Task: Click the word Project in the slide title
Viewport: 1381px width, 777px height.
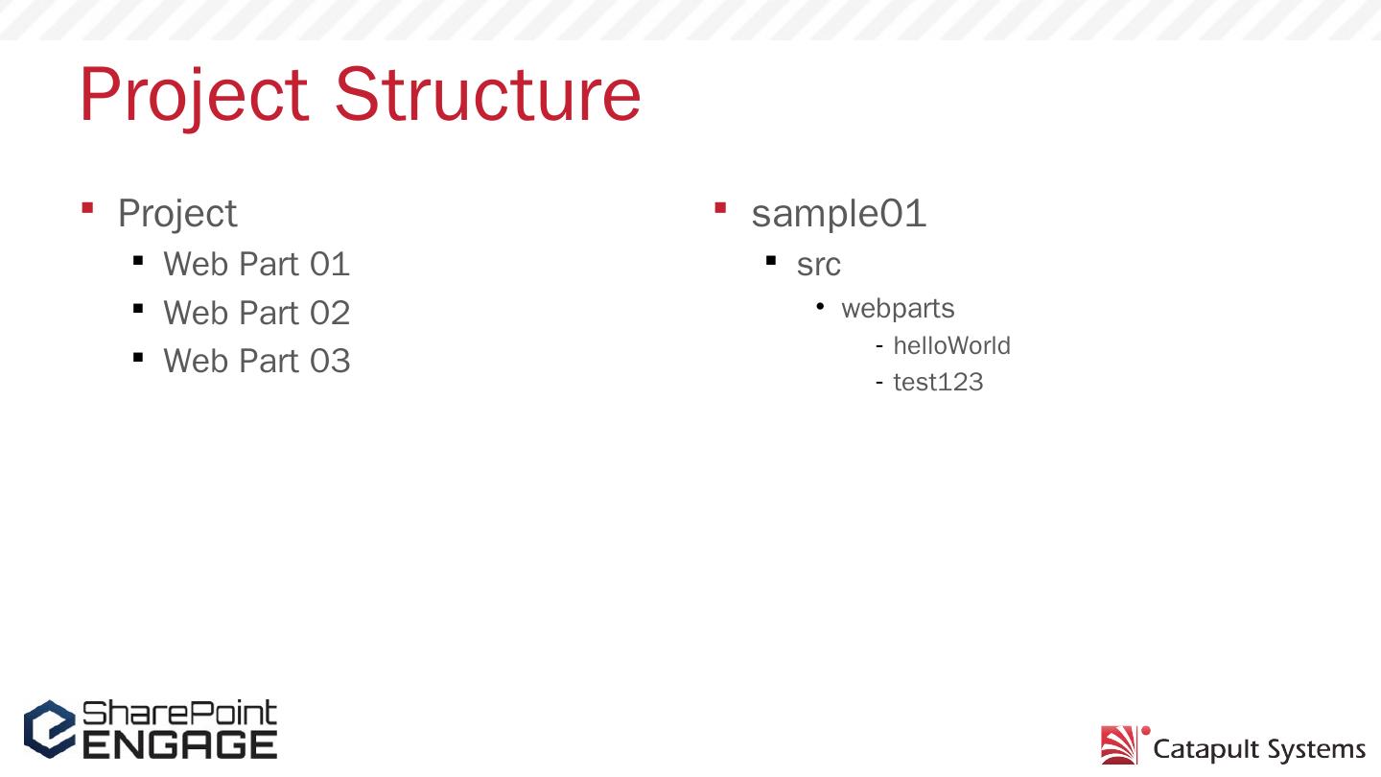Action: pos(193,95)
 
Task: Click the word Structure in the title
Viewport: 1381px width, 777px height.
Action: pos(487,95)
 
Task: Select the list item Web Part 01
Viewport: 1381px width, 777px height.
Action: pos(256,264)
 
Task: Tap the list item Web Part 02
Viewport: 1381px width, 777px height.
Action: pos(256,313)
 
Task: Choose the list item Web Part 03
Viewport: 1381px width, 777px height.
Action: pos(256,362)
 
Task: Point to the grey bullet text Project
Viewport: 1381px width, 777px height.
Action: pos(176,214)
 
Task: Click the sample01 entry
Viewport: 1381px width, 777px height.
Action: pos(838,214)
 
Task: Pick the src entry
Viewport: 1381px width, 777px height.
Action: pos(818,265)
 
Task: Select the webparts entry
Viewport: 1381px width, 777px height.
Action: pos(898,309)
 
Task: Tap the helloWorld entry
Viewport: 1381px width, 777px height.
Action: pos(951,345)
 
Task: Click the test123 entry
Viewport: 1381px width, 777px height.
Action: pos(938,383)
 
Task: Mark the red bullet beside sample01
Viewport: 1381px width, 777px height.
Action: pos(720,207)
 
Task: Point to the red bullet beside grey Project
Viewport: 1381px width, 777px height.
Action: pos(87,207)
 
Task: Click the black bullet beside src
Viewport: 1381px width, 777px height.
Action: pos(771,260)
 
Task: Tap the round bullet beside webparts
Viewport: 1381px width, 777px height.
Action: pos(820,306)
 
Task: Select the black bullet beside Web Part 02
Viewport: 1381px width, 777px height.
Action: pos(138,309)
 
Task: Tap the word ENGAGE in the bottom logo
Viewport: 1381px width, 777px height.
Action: pos(179,744)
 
